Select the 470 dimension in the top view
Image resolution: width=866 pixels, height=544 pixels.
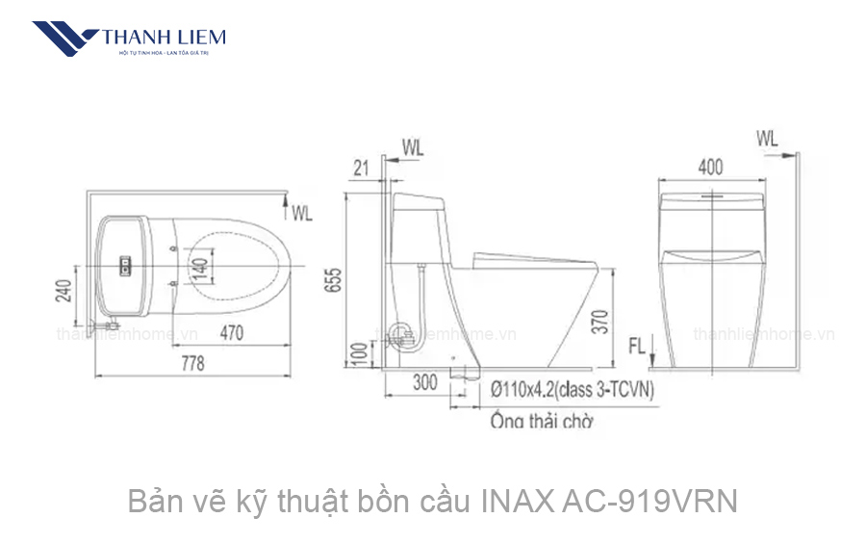click(228, 333)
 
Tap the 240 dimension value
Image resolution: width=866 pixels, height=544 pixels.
click(64, 289)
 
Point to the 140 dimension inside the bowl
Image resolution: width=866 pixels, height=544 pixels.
click(200, 264)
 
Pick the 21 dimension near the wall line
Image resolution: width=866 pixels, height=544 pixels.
click(362, 168)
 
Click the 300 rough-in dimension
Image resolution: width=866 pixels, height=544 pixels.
click(424, 382)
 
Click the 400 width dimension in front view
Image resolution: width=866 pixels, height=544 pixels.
click(710, 168)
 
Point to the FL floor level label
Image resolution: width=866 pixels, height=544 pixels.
click(637, 344)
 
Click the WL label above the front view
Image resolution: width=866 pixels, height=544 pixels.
click(767, 139)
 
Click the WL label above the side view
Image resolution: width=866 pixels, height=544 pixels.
click(412, 147)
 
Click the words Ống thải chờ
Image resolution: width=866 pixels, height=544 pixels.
click(541, 422)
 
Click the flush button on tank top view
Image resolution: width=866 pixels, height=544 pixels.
click(123, 263)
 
